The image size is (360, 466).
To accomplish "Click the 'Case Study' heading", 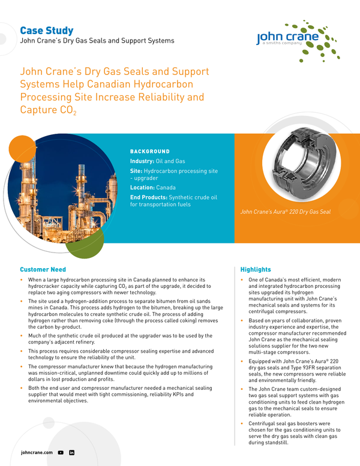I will (47, 30).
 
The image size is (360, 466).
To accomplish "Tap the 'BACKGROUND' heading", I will (150, 152).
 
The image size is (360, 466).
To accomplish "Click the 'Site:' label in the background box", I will (137, 171).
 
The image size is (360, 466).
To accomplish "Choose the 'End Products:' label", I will (149, 197).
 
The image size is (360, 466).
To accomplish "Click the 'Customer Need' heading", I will (43, 269).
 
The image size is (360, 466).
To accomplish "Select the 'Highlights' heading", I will (256, 269).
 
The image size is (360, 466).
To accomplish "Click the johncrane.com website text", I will (37, 452).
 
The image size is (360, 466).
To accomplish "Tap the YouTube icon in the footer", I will (61, 452).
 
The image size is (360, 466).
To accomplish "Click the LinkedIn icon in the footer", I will (71, 452).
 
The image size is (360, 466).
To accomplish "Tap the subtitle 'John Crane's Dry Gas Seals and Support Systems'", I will (97, 41).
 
